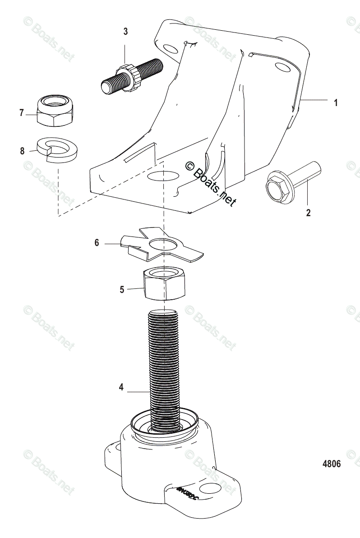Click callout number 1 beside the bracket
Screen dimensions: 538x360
pos(335,103)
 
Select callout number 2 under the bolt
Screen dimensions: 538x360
pos(308,212)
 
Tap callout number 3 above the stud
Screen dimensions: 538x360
pos(125,32)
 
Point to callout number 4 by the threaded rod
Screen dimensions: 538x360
pos(121,387)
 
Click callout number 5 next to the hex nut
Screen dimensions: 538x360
pos(122,289)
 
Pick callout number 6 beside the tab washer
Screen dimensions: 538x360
pos(97,243)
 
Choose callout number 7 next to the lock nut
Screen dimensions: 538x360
pos(21,113)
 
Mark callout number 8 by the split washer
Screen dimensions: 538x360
pos(22,151)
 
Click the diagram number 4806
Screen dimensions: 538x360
pos(332,463)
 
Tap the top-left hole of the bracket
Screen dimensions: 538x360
pos(170,49)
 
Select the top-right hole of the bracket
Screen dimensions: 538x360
pos(283,67)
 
